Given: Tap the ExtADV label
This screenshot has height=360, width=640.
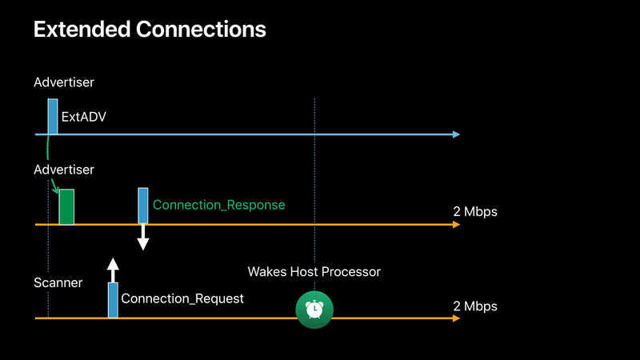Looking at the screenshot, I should [84, 117].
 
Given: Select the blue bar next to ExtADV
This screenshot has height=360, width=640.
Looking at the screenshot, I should [53, 117].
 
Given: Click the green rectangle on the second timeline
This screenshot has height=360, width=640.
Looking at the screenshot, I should [66, 207].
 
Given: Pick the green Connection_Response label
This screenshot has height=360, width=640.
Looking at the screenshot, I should [218, 205].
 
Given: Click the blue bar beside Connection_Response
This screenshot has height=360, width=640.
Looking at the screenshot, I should [143, 206].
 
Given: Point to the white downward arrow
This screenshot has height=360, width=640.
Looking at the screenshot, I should [143, 238].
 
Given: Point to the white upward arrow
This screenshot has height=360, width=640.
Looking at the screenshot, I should [114, 269].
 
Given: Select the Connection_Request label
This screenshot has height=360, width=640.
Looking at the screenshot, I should [182, 298].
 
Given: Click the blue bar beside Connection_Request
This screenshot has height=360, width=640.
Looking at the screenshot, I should [114, 300].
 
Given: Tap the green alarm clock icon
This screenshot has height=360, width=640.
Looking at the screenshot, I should [314, 309].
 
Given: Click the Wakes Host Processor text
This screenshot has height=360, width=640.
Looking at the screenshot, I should [314, 272].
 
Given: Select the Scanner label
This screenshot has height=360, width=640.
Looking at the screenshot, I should [58, 282].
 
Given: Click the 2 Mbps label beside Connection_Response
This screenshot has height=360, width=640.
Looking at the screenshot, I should [475, 212].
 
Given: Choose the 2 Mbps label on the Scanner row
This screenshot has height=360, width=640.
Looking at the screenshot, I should [475, 306].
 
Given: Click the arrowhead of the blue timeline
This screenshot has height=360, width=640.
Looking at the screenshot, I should [456, 134].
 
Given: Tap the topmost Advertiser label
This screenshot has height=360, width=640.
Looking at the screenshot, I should [64, 82].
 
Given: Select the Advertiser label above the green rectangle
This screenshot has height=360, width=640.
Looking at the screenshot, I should [64, 170].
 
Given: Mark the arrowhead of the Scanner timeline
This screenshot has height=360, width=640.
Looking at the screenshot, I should [456, 318].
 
